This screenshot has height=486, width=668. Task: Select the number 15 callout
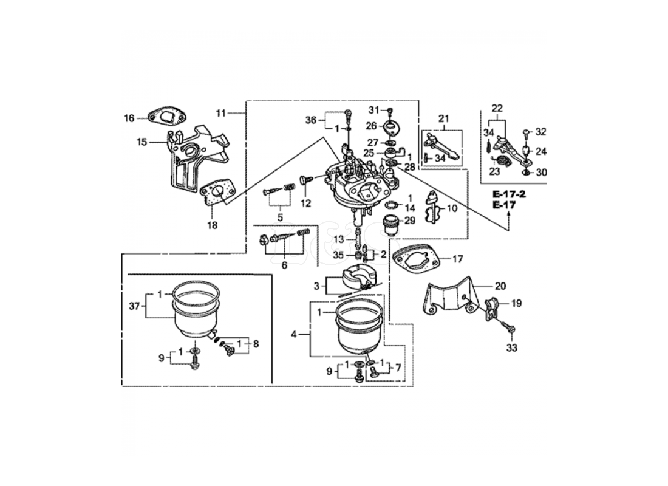pyautogui.click(x=141, y=142)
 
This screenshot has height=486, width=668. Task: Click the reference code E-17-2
pyautogui.click(x=509, y=194)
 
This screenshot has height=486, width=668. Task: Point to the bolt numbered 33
pyautogui.click(x=509, y=329)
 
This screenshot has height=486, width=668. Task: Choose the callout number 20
pyautogui.click(x=500, y=286)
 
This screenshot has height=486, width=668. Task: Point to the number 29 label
pyautogui.click(x=410, y=221)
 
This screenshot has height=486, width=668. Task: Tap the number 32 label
pyautogui.click(x=541, y=131)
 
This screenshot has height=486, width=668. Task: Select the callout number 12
pyautogui.click(x=305, y=202)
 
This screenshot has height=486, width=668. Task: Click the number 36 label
pyautogui.click(x=311, y=120)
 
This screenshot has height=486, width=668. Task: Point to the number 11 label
pyautogui.click(x=220, y=113)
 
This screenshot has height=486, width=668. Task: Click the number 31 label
pyautogui.click(x=373, y=109)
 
